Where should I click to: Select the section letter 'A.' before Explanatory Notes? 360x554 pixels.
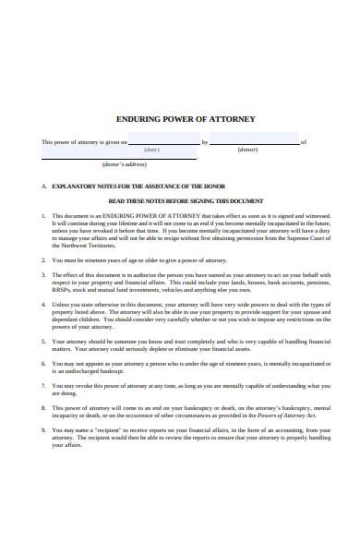click(43, 186)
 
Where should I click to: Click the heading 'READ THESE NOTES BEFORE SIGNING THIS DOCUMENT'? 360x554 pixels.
click(186, 200)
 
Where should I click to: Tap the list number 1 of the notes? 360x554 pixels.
click(43, 215)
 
